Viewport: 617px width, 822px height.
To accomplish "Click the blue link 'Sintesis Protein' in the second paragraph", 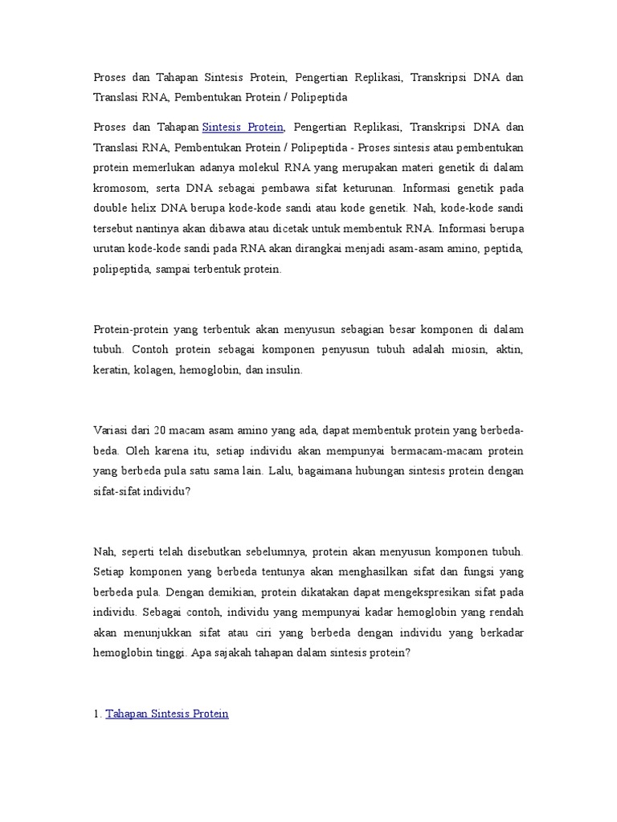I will (243, 128).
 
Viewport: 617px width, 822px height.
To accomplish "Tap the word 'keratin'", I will (111, 371).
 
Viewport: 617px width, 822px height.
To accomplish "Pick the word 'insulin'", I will (286, 371).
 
